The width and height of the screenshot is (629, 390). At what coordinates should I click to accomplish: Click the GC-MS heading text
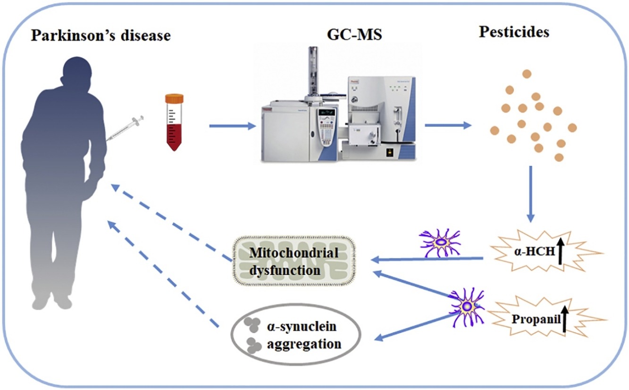point(354,34)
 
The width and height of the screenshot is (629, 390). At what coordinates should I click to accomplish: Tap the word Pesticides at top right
point(514,32)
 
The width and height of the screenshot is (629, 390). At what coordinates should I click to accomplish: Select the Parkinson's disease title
point(101,36)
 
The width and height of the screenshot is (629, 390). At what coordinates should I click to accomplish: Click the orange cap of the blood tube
point(174,99)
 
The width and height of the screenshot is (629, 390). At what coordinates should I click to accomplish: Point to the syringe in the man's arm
point(125,128)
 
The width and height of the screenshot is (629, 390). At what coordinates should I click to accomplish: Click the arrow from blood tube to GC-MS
point(233,126)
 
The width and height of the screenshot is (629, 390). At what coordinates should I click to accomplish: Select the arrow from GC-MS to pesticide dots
point(448,125)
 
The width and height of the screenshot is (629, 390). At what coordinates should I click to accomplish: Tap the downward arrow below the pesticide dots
point(530,194)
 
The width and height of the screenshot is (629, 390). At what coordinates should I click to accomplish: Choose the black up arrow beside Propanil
point(564,319)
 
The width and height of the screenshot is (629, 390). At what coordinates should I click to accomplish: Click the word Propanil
point(536,319)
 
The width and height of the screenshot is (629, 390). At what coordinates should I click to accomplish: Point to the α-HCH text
point(535,251)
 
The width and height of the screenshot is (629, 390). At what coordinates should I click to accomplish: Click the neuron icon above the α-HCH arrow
point(440,243)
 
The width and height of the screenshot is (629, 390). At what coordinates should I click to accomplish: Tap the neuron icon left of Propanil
point(467,307)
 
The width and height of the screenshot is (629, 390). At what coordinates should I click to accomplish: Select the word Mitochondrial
point(294,253)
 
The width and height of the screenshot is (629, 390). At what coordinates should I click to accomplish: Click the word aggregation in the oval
point(304,344)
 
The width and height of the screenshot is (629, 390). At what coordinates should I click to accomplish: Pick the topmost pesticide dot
point(527,74)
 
